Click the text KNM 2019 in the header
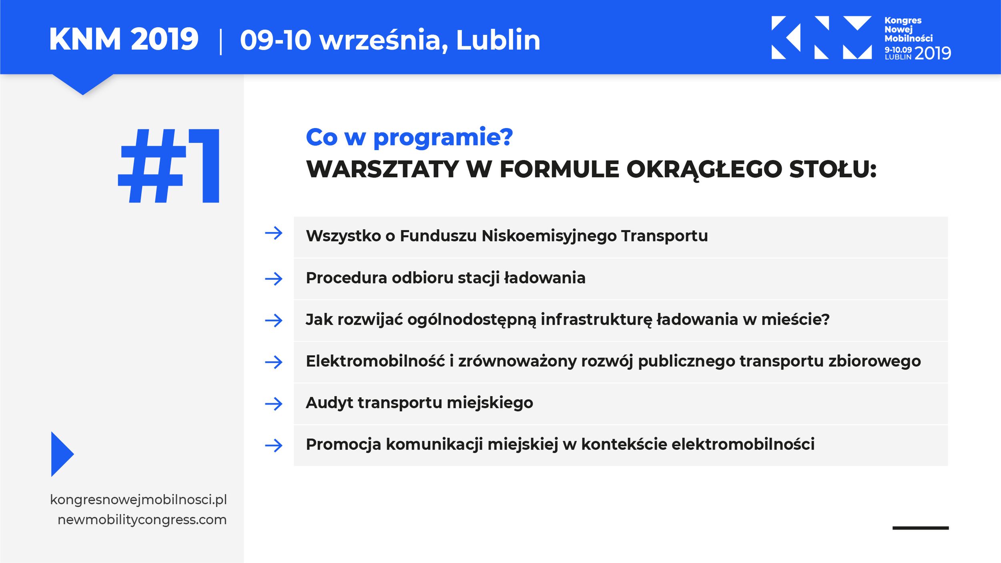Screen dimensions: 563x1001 click(x=123, y=40)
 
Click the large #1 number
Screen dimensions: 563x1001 click(x=169, y=166)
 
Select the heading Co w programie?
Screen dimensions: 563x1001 click(x=409, y=137)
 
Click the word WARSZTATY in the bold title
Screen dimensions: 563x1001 click(x=382, y=169)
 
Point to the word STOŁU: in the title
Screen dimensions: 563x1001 click(x=832, y=169)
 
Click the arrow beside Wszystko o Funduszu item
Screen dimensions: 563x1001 click(x=274, y=233)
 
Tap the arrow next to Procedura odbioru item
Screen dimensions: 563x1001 click(x=274, y=279)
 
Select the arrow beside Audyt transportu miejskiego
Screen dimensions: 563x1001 click(x=274, y=404)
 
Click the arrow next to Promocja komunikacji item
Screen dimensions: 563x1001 click(x=274, y=445)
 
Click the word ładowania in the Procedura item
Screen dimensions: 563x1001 click(x=544, y=278)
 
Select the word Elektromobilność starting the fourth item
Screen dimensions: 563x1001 click(x=375, y=361)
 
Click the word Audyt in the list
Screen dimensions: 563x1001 click(x=329, y=403)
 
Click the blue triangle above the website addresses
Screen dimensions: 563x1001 click(x=61, y=454)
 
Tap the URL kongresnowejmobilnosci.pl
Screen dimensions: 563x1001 click(x=138, y=500)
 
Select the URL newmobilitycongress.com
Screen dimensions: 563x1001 click(x=142, y=520)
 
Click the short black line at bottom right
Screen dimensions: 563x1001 click(x=920, y=528)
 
